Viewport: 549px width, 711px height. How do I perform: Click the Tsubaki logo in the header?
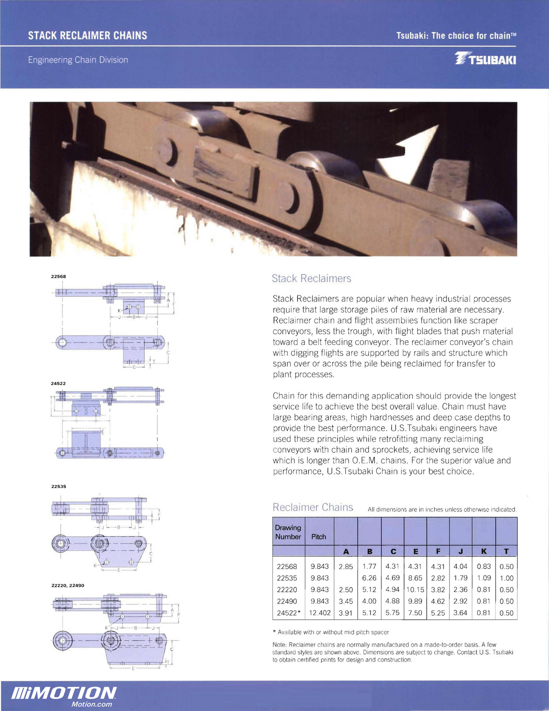(x=485, y=59)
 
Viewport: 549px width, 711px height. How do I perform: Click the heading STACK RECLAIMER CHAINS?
(x=87, y=36)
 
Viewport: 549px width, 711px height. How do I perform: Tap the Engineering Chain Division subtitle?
(x=78, y=60)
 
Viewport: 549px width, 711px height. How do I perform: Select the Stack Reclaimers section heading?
(x=311, y=278)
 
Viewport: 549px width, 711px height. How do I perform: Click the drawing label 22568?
(x=59, y=276)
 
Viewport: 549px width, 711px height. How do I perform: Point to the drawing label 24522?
(x=59, y=383)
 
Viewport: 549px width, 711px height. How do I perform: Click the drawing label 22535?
(x=59, y=487)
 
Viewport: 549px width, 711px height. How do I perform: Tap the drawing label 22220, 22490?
(x=68, y=586)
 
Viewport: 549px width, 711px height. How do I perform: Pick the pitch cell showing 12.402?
(x=319, y=613)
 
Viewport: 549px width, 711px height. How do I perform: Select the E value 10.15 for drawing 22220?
(x=415, y=589)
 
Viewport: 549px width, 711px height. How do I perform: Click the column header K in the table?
(x=483, y=552)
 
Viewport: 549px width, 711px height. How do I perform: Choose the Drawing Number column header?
(x=288, y=532)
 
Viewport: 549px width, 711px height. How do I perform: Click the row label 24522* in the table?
(x=288, y=613)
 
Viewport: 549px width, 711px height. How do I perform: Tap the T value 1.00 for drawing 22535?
(x=506, y=578)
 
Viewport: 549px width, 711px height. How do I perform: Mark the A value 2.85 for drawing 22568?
(x=346, y=566)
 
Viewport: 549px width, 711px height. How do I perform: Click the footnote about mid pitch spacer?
(x=330, y=632)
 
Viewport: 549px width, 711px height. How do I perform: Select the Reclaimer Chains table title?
(x=313, y=507)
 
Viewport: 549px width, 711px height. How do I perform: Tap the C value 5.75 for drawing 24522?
(x=392, y=613)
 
